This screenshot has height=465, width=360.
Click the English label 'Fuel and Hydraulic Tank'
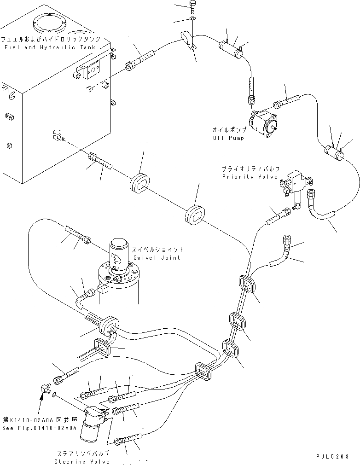49,47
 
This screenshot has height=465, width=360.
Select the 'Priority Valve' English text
250,177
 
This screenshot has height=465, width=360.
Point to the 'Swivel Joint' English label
157,257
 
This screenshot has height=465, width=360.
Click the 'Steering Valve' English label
82,461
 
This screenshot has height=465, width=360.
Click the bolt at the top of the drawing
193,7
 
